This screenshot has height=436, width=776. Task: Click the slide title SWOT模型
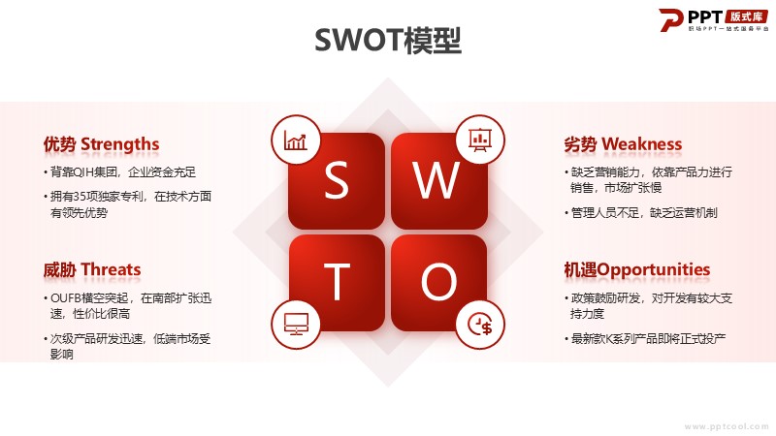pyautogui.click(x=388, y=40)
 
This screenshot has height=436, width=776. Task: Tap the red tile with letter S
pyautogui.click(x=337, y=180)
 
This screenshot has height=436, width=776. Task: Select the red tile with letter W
pyautogui.click(x=439, y=180)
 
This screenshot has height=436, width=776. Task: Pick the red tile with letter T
pyautogui.click(x=337, y=283)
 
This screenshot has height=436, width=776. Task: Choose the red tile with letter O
pyautogui.click(x=439, y=283)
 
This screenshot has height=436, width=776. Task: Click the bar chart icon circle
pyautogui.click(x=296, y=140)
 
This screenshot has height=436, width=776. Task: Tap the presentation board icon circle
pyautogui.click(x=479, y=140)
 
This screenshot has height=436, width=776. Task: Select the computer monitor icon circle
pyautogui.click(x=296, y=325)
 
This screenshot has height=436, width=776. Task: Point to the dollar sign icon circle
pyautogui.click(x=479, y=325)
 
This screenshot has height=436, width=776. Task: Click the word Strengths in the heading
pyautogui.click(x=119, y=144)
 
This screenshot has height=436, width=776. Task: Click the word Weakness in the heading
pyautogui.click(x=642, y=144)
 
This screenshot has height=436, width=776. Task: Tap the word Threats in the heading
pyautogui.click(x=111, y=270)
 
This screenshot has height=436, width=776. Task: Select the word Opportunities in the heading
pyautogui.click(x=653, y=270)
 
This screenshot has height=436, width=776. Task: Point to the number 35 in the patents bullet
pyautogui.click(x=80, y=197)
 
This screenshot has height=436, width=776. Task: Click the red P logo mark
pyautogui.click(x=671, y=19)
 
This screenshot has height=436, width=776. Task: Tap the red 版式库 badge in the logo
pyautogui.click(x=746, y=16)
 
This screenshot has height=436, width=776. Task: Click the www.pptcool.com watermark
pyautogui.click(x=726, y=426)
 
